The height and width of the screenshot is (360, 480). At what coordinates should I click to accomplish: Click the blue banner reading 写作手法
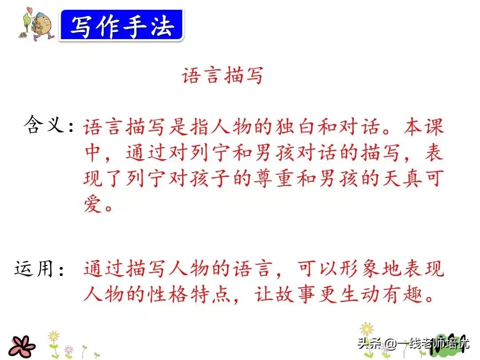coord(122,25)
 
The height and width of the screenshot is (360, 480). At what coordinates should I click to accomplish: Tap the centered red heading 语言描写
coord(223,75)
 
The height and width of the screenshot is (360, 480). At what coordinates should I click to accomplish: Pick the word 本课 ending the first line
coord(424,127)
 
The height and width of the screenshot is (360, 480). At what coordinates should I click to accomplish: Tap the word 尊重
coord(274,178)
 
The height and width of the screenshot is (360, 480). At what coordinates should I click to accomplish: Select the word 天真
coord(402,178)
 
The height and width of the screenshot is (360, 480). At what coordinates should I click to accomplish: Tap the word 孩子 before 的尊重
coord(210,178)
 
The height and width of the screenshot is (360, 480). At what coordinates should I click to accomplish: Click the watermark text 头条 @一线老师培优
coord(413,343)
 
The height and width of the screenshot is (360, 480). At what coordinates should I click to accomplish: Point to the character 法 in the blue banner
coord(163,26)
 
